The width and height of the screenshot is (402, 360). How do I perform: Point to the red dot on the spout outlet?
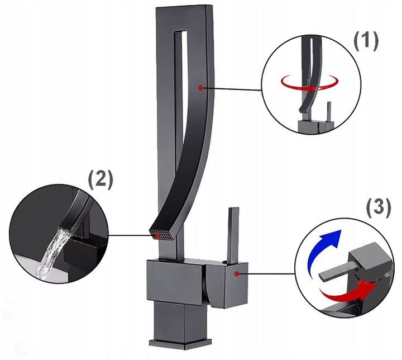pyautogui.click(x=158, y=236)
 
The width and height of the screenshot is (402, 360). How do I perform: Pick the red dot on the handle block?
pyautogui.click(x=238, y=273)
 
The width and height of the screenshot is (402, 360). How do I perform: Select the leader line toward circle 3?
pyautogui.click(x=268, y=274)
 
